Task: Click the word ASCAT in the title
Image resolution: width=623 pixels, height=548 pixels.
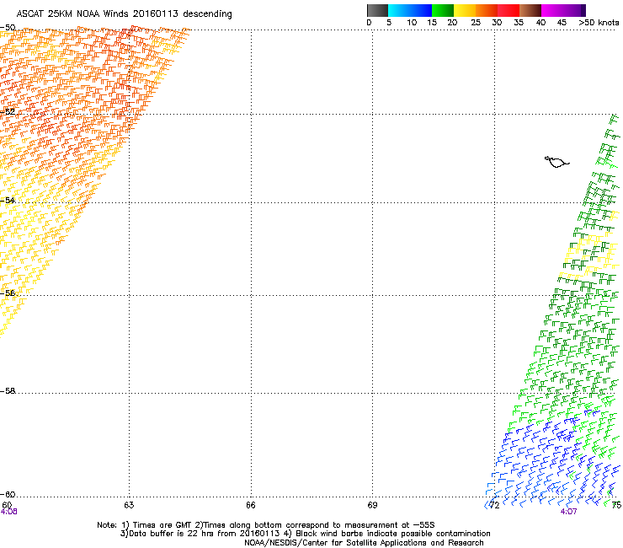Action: point(31,14)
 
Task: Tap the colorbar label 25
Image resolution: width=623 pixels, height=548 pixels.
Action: point(475,23)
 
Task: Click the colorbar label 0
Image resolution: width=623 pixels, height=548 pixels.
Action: point(369,23)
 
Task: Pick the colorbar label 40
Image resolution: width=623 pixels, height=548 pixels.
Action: point(540,23)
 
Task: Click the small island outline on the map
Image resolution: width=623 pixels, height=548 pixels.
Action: point(556,161)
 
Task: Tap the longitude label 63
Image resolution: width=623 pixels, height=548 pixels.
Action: point(129,505)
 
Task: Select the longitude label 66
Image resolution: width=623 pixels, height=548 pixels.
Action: point(251,505)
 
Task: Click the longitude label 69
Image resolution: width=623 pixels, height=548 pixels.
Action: point(373,505)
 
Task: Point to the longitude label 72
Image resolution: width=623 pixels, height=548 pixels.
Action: point(495,505)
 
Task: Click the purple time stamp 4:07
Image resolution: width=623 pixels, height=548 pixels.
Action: point(568,511)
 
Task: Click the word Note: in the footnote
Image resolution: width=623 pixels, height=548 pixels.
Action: point(107,524)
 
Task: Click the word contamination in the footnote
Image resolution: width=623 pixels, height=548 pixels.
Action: point(461,534)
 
